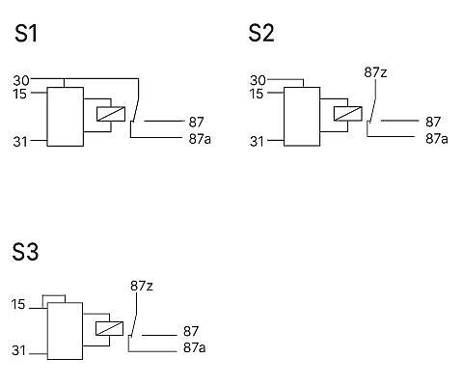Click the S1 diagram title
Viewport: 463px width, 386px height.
pos(26,34)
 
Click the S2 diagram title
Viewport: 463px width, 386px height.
pos(261,33)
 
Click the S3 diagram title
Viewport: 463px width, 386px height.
pos(25,252)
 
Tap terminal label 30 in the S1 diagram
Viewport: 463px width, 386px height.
pos(21,80)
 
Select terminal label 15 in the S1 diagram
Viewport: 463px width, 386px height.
pos(20,94)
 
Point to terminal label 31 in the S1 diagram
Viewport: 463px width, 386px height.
pos(20,142)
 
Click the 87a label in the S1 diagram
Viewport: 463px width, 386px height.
pos(200,139)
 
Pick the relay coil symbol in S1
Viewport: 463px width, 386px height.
pos(111,114)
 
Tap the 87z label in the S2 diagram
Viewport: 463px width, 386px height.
pos(375,72)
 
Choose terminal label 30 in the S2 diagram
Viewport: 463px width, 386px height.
pos(258,80)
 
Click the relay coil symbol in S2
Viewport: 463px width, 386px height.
pos(348,114)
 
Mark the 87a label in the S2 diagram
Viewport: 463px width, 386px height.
pos(437,139)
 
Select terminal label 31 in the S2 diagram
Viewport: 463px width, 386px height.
pos(257,142)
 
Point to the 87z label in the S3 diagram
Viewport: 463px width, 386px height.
pos(142,286)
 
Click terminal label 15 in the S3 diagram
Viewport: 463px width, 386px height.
pos(18,304)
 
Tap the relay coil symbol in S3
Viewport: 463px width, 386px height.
pos(109,328)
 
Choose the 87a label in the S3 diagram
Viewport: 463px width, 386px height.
pos(194,347)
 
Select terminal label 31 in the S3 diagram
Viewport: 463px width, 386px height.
pos(18,350)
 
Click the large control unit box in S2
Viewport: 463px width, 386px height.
pos(302,117)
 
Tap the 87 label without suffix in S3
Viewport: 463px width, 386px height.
pos(191,331)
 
